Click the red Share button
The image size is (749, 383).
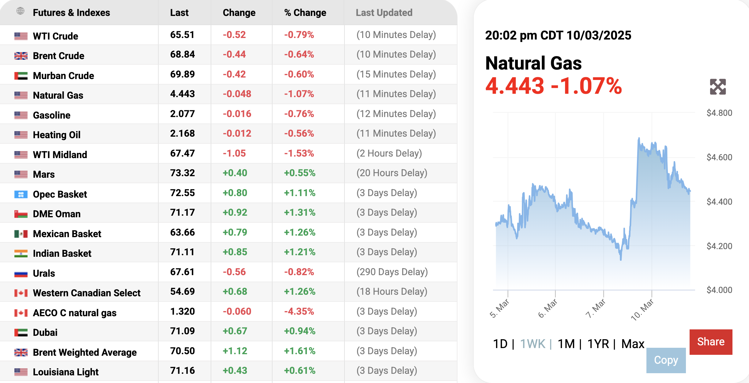coord(711,342)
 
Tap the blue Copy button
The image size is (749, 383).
coord(666,360)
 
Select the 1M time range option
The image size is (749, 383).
coord(566,344)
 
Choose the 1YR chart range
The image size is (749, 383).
coord(598,344)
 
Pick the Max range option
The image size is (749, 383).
coord(633,344)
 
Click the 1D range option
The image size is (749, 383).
coord(500,344)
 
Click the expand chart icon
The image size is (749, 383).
coord(718,87)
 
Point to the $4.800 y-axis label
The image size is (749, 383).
coord(719,113)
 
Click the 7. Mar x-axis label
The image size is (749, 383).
coord(596,309)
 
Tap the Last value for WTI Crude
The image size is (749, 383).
coord(182,35)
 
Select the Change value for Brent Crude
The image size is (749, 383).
coord(234,55)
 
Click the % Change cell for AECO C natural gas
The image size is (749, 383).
coord(299,311)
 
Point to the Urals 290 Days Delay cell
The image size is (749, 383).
coord(392,272)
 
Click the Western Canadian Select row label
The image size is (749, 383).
coord(87,293)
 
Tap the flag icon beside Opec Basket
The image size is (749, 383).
coord(21,194)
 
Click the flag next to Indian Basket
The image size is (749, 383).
coord(21,253)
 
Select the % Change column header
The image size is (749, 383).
coord(305,13)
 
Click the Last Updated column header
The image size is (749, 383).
coord(384,13)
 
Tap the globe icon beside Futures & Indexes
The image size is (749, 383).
coord(21,11)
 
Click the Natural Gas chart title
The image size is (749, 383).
coord(533,63)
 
